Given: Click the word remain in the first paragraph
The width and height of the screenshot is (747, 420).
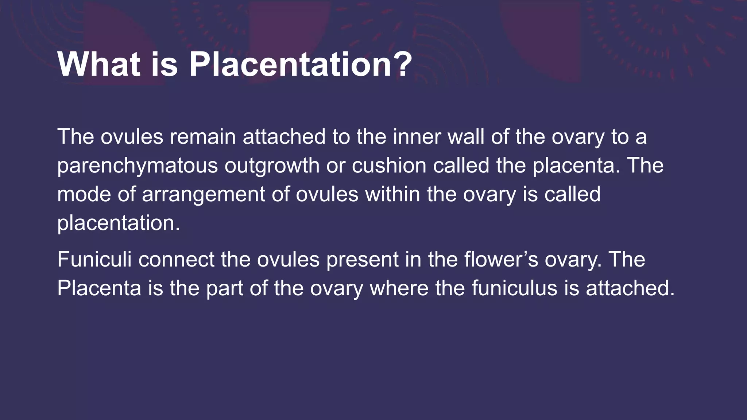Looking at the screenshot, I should point(202,137).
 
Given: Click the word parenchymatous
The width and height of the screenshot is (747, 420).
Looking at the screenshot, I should point(138,166).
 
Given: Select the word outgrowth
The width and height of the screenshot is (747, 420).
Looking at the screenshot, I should point(272,166).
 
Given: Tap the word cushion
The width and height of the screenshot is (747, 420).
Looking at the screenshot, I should point(389,165).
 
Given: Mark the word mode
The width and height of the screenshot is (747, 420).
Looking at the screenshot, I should point(84,194).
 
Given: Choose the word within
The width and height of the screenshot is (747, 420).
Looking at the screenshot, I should point(392,194).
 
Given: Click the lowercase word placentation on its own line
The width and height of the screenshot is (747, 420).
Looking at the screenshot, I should point(119,223).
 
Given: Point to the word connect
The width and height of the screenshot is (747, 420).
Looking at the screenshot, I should point(176,259).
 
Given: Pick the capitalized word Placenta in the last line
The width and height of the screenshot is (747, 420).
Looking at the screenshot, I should point(99,288).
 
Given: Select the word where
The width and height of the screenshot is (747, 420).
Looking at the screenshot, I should point(399,288).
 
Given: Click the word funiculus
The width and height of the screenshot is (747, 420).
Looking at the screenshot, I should point(514,288).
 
